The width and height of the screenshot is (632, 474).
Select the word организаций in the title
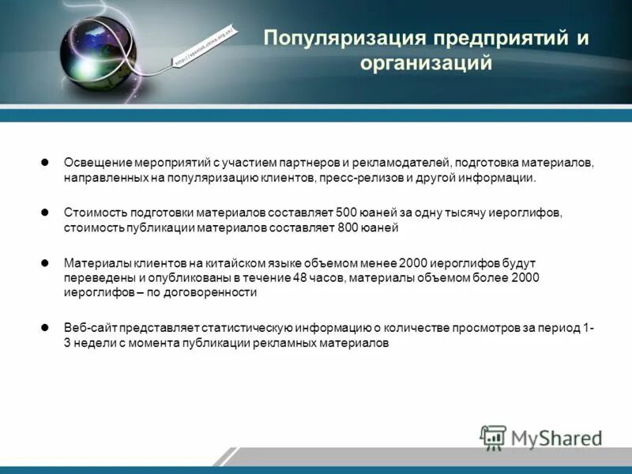pyautogui.click(x=427, y=62)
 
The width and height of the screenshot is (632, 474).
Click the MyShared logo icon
pyautogui.click(x=494, y=437)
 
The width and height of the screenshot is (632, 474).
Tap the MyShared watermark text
pyautogui.click(x=556, y=438)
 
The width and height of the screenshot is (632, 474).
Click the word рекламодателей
pyautogui.click(x=399, y=163)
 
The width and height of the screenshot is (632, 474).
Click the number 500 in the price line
pyautogui.click(x=347, y=213)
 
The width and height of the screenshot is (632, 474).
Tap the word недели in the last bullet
pyautogui.click(x=93, y=344)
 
